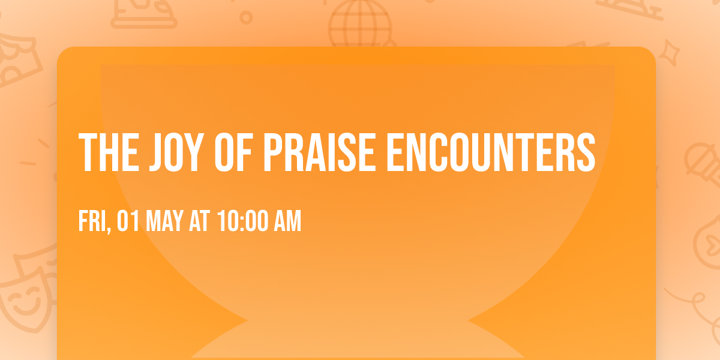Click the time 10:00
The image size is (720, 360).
[x=242, y=222]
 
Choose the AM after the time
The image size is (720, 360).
[x=287, y=222]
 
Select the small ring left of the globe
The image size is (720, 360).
[x=246, y=18]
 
